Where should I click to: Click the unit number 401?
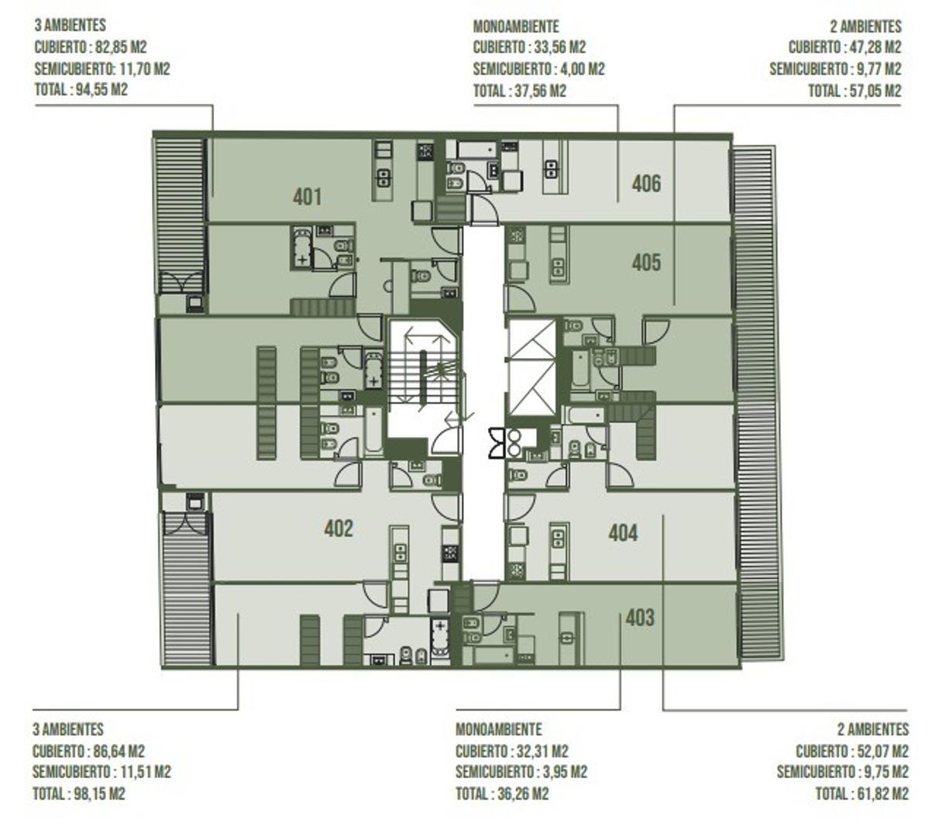(x=308, y=198)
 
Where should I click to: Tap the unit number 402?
(x=339, y=529)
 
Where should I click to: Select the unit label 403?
(x=640, y=618)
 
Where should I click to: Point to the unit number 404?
(x=624, y=533)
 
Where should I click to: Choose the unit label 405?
(x=646, y=263)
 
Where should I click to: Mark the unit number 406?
(x=646, y=184)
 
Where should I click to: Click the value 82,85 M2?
(x=121, y=47)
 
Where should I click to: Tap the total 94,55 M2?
(x=101, y=89)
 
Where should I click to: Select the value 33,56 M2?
(x=560, y=47)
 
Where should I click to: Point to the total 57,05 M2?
(x=875, y=91)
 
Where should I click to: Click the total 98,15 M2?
(x=99, y=794)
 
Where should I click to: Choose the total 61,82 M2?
(x=882, y=794)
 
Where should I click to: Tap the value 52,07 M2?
(x=883, y=751)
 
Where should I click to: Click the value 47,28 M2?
(x=875, y=47)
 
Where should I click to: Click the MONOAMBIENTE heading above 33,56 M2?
(x=516, y=26)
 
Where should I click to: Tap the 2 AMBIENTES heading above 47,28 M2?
(x=865, y=26)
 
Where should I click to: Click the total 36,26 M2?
(x=523, y=794)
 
